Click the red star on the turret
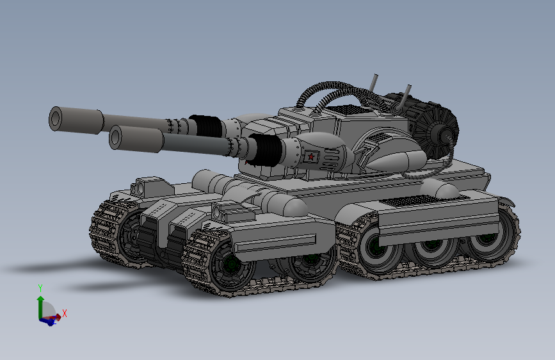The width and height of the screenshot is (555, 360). (x=310, y=156)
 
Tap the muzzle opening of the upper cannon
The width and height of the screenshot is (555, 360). (x=56, y=119)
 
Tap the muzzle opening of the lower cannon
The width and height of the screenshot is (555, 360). (x=115, y=137)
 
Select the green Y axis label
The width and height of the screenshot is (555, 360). (x=40, y=288)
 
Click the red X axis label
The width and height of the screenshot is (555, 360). (x=65, y=313)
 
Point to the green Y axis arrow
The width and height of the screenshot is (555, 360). (x=40, y=307)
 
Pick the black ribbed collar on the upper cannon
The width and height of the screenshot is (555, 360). (x=207, y=126)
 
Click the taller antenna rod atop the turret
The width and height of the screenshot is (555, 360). (x=373, y=83)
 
